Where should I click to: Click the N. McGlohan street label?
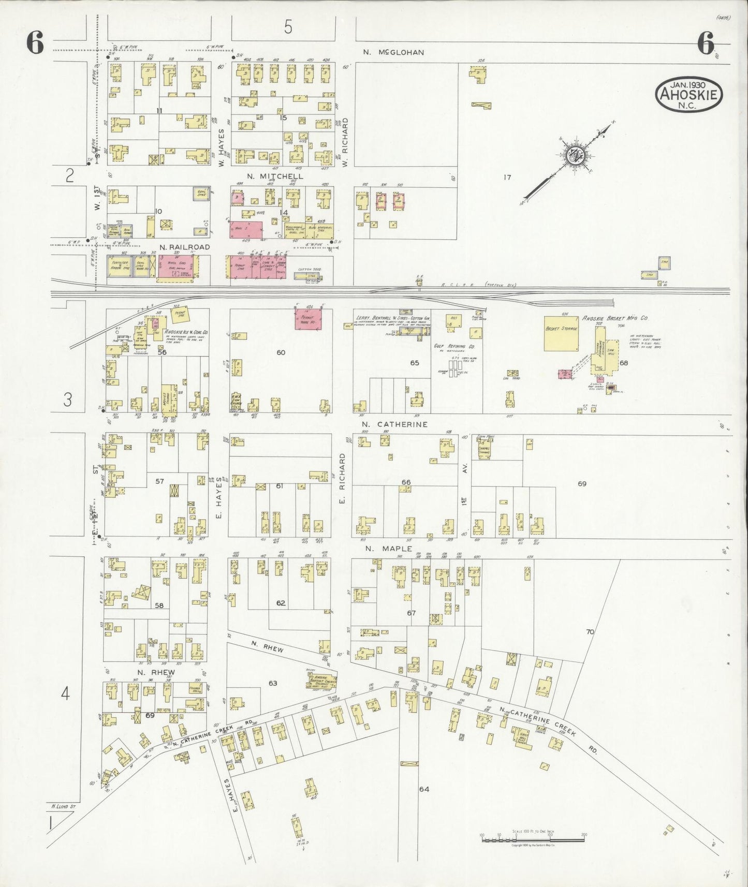click(x=393, y=52)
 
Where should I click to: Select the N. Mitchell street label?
click(x=275, y=176)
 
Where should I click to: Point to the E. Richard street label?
click(x=342, y=479)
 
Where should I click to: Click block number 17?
click(x=507, y=178)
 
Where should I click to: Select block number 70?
click(x=590, y=632)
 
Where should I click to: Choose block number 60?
click(x=281, y=352)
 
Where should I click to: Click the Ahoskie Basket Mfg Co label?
click(x=614, y=318)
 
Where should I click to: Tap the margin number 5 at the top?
click(x=288, y=26)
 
